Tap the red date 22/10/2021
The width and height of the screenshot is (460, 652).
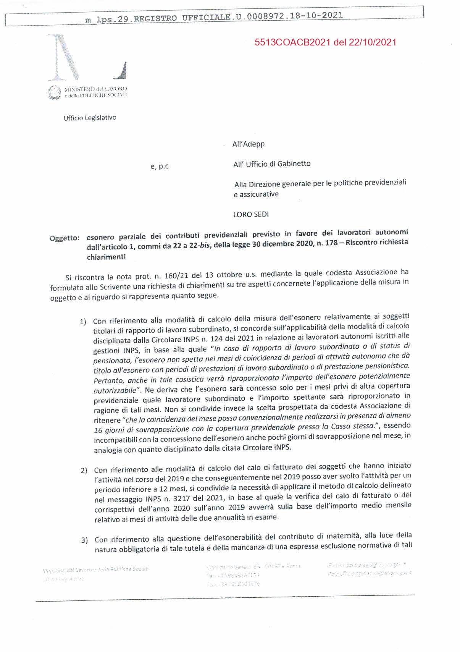[373, 42]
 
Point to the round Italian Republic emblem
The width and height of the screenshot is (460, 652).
[55, 92]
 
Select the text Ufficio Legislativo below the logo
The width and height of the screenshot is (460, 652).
[90, 118]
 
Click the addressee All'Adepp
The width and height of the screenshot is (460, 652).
[248, 144]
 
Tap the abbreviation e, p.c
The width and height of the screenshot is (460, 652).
[160, 166]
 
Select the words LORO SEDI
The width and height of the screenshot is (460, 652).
[251, 215]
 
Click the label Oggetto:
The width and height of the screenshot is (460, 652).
[65, 238]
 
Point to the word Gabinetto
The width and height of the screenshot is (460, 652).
[294, 164]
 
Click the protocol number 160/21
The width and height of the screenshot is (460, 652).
[177, 276]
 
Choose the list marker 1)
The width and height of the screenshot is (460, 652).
[83, 322]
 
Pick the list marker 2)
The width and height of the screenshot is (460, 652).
[84, 471]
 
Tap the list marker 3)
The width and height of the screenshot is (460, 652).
[84, 540]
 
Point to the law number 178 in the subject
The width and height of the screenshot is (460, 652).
[331, 243]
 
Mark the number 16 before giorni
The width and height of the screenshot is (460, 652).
[98, 430]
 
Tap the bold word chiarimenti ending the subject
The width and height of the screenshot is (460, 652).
[106, 257]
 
